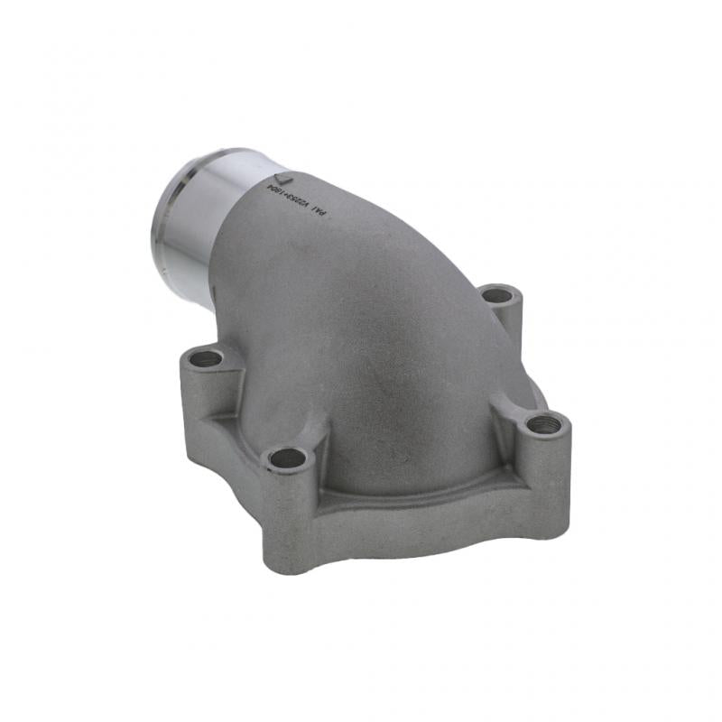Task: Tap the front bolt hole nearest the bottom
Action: tap(287, 458)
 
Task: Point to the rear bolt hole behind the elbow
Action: tap(495, 294)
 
